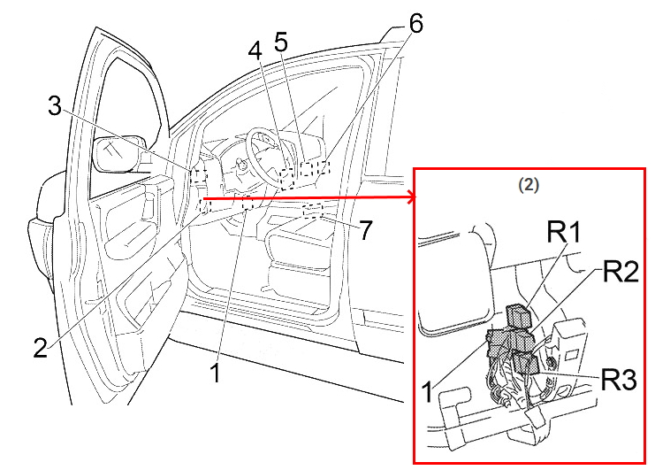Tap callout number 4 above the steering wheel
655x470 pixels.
pos(255,52)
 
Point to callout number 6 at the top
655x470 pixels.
pos(415,24)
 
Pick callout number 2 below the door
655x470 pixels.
pos(39,347)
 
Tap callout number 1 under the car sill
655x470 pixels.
pos(215,373)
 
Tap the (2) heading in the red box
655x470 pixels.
pos(526,185)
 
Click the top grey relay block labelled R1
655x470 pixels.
pos(517,314)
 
